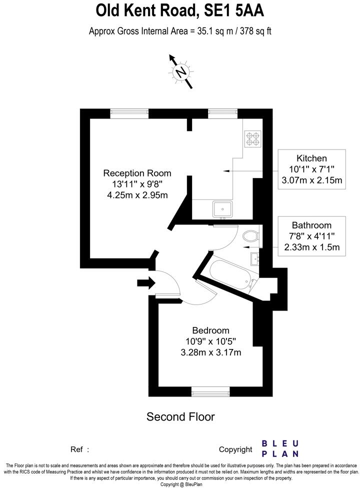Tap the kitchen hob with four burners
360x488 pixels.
tap(252, 138)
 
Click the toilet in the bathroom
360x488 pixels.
tap(250, 236)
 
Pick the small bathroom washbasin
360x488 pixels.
tap(254, 258)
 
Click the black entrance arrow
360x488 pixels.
tap(146, 283)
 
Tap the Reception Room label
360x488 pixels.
tap(137, 173)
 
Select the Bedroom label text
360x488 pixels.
tap(210, 330)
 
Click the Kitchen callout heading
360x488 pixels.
tap(311, 158)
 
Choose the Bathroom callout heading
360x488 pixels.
tap(311, 225)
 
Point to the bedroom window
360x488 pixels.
tap(210, 391)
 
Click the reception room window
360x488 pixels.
tap(129, 113)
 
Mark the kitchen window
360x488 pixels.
tap(222, 113)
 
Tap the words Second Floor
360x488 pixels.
tap(180, 416)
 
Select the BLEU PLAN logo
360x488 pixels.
tap(280, 448)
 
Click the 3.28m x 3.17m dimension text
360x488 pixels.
tap(210, 353)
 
